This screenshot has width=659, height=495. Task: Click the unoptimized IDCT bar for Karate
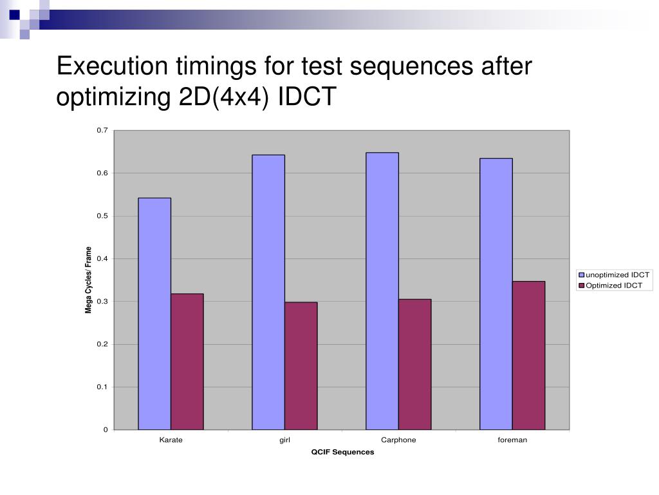point(154,313)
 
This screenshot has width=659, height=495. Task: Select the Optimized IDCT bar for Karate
point(187,362)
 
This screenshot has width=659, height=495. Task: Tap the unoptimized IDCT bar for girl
point(268,292)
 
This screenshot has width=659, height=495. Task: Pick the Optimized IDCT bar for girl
point(301,365)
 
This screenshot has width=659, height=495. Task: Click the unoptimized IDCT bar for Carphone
point(382,291)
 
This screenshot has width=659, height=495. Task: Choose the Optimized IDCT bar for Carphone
point(415,364)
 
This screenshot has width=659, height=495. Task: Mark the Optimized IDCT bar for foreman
point(529,355)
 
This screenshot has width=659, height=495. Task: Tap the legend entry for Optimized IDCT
point(613,285)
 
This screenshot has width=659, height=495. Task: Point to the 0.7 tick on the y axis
point(102,130)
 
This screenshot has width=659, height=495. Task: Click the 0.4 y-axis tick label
point(102,258)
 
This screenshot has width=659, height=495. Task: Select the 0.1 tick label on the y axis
point(102,387)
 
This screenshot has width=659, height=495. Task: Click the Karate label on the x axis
point(171,440)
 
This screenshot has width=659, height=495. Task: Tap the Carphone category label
point(398,440)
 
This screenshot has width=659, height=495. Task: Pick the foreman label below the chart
point(512,440)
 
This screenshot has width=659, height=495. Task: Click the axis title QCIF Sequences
point(342,452)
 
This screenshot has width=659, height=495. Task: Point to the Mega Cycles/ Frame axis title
point(89,280)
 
